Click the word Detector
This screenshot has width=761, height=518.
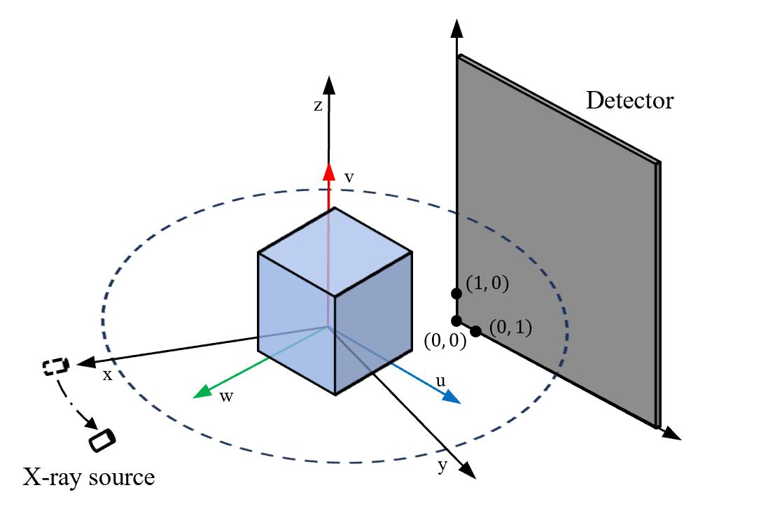(629, 101)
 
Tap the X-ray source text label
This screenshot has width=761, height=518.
(89, 477)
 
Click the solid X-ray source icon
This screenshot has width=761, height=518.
(102, 440)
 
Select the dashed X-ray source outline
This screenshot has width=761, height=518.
(56, 366)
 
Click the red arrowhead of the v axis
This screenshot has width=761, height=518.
(330, 171)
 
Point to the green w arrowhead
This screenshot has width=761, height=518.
(202, 391)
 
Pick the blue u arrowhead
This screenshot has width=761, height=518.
(451, 397)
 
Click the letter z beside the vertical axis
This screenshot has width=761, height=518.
(318, 105)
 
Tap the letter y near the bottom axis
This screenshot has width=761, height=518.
(442, 466)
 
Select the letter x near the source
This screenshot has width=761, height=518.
(107, 374)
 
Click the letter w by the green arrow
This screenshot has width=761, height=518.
(226, 397)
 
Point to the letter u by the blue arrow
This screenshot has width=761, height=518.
(440, 381)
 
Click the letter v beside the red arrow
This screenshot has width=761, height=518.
(349, 178)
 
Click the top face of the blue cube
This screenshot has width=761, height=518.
(335, 251)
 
